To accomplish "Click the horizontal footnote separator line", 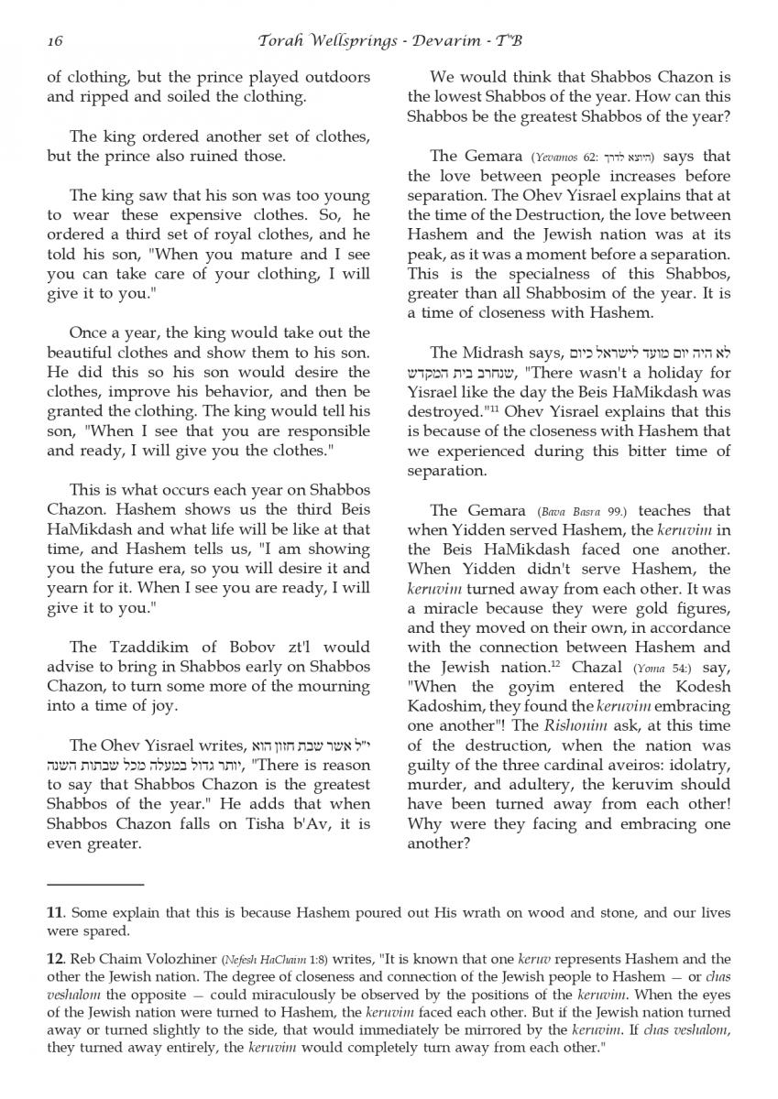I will pos(94,884).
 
